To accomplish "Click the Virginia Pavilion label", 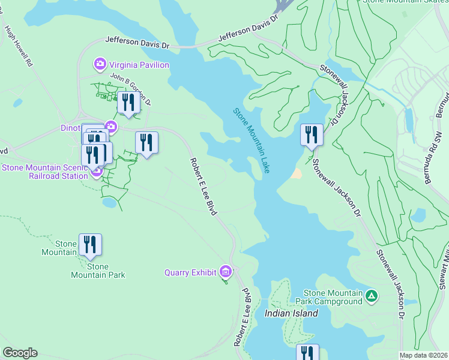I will [139, 65].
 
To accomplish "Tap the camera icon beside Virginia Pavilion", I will [100, 64].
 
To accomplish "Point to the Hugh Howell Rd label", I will [18, 46].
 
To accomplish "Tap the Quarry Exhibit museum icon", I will [226, 272].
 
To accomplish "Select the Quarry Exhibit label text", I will [190, 272].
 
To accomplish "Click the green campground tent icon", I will [372, 295].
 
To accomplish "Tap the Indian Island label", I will [291, 313].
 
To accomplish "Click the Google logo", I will [20, 353].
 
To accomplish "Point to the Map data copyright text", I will [423, 355].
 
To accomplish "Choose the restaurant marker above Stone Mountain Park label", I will [90, 244].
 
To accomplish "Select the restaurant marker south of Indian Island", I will [307, 353].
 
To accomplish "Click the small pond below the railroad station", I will [109, 203].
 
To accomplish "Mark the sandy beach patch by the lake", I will [297, 173].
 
